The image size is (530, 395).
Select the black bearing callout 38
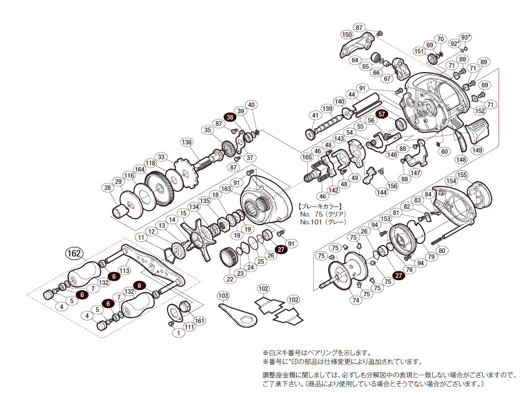click(229, 117)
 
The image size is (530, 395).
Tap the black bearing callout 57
click(382, 114)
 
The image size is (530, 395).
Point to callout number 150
click(347, 35)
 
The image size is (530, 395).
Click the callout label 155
click(463, 175)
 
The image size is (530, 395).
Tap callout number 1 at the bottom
click(177, 333)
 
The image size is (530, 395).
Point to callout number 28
click(107, 188)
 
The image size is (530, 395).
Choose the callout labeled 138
click(187, 143)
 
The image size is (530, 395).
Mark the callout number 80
click(442, 250)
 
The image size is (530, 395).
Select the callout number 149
click(477, 149)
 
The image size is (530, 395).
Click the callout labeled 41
click(316, 115)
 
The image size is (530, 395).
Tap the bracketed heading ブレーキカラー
click(321, 205)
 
